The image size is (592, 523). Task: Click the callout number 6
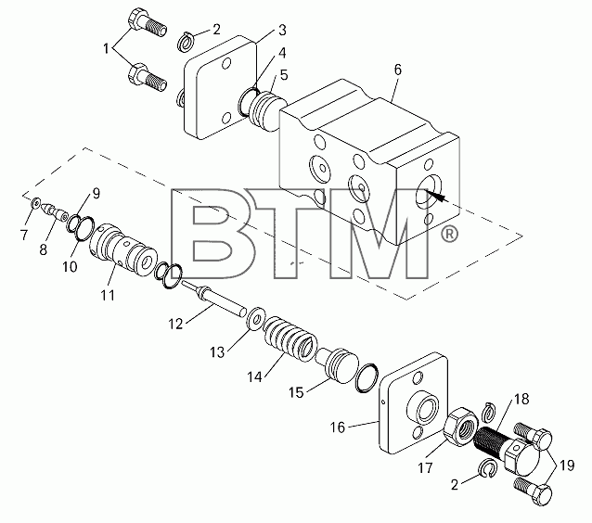397,70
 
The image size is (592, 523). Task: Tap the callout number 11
108,295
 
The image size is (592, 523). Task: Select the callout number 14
254,376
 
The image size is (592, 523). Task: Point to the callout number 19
567,466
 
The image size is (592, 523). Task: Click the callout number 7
24,235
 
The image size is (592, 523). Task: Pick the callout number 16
338,427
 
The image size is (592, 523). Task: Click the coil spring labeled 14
290,340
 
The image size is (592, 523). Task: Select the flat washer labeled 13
255,318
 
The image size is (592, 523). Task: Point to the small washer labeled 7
36,203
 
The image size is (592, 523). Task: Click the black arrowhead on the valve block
435,196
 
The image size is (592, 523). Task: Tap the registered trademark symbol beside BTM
449,235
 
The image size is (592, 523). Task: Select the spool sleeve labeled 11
123,249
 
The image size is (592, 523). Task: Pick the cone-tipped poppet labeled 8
55,211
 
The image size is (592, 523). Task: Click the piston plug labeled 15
337,366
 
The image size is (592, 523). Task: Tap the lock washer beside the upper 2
186,43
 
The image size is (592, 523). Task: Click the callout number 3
282,31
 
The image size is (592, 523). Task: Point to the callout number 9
96,194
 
